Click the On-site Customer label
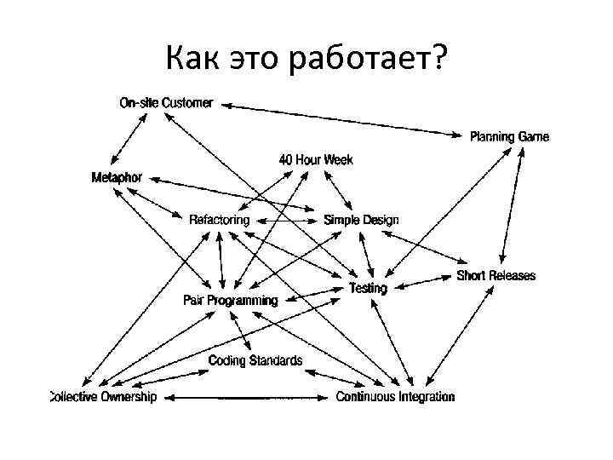pos(166,103)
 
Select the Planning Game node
pos(510,136)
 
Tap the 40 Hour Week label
pos(316,159)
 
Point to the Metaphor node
pos(117,177)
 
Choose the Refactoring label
pos(220,220)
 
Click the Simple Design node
pos(361,220)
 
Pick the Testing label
pos(368,288)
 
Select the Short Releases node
pos(496,275)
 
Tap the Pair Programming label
pos(230,300)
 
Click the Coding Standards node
pos(255,360)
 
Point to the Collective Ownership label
pos(103,397)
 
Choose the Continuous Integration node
pos(395,397)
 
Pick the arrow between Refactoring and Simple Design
pos(287,220)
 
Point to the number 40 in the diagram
pos(287,159)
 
